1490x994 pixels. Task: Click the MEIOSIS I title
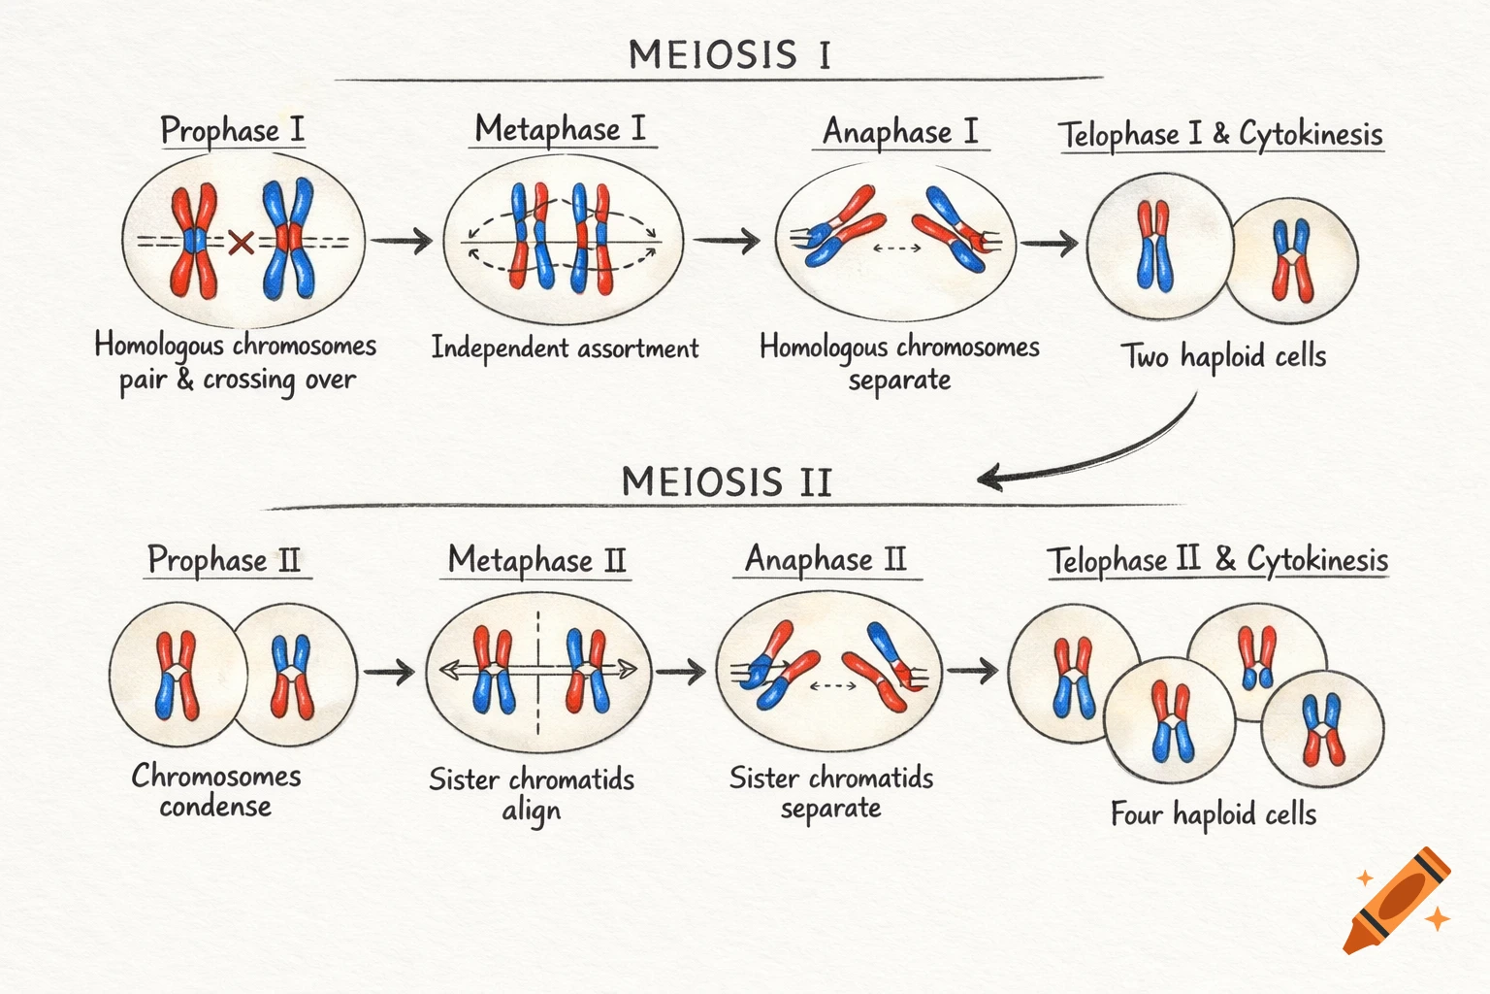click(x=729, y=54)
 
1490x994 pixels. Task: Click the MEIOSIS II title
click(x=727, y=482)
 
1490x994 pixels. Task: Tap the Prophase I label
click(x=232, y=131)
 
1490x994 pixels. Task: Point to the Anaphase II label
click(x=826, y=560)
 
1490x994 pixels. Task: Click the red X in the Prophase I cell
click(x=241, y=242)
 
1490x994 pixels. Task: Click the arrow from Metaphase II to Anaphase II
click(x=681, y=670)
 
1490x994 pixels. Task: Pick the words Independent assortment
click(x=565, y=348)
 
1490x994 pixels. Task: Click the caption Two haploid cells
click(x=1223, y=357)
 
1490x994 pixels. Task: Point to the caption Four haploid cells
click(x=1214, y=813)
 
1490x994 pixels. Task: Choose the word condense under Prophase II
click(x=215, y=807)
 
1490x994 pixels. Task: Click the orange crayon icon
click(x=1396, y=901)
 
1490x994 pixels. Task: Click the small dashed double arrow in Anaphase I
click(x=897, y=248)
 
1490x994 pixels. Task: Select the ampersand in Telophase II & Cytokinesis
click(x=1224, y=559)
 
